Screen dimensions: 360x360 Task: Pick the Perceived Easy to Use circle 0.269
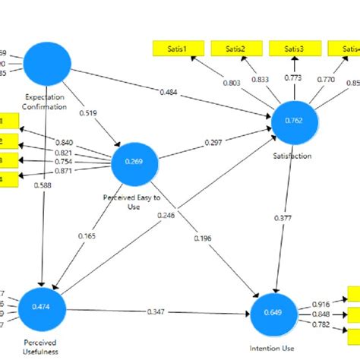click(134, 161)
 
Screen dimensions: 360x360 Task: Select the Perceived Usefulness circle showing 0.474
click(43, 306)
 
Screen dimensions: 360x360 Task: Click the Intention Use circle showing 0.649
click(276, 313)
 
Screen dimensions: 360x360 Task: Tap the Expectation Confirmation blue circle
click(48, 65)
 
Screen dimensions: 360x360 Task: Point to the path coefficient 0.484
click(170, 93)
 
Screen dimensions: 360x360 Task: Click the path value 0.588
click(45, 185)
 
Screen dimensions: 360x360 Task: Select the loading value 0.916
click(321, 303)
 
